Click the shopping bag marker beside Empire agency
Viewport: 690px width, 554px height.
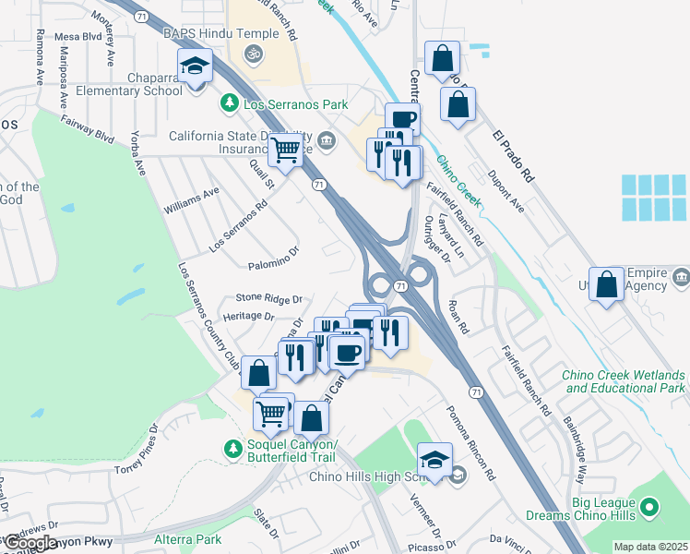point(607,285)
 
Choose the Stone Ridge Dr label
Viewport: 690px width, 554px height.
point(269,298)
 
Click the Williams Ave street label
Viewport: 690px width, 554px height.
point(191,200)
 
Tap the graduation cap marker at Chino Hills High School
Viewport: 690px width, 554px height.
point(434,460)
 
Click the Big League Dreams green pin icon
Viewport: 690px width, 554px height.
point(649,507)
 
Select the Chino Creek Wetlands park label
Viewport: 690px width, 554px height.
point(625,382)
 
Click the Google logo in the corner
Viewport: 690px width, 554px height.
point(30,543)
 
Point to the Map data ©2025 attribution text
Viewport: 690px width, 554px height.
point(650,547)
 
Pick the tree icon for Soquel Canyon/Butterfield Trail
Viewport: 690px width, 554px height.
point(233,449)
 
